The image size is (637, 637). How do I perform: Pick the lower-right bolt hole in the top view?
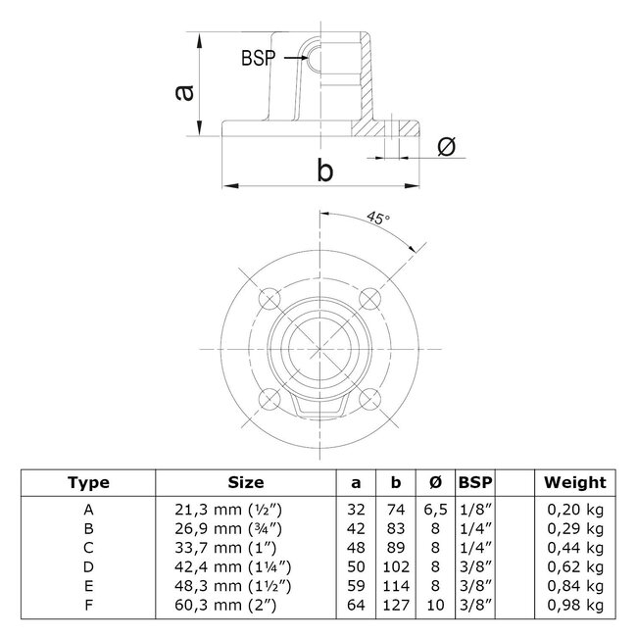click(x=369, y=397)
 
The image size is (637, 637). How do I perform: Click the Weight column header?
click(x=575, y=482)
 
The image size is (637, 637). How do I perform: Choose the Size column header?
click(x=245, y=482)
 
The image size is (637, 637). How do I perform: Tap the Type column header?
click(x=89, y=482)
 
